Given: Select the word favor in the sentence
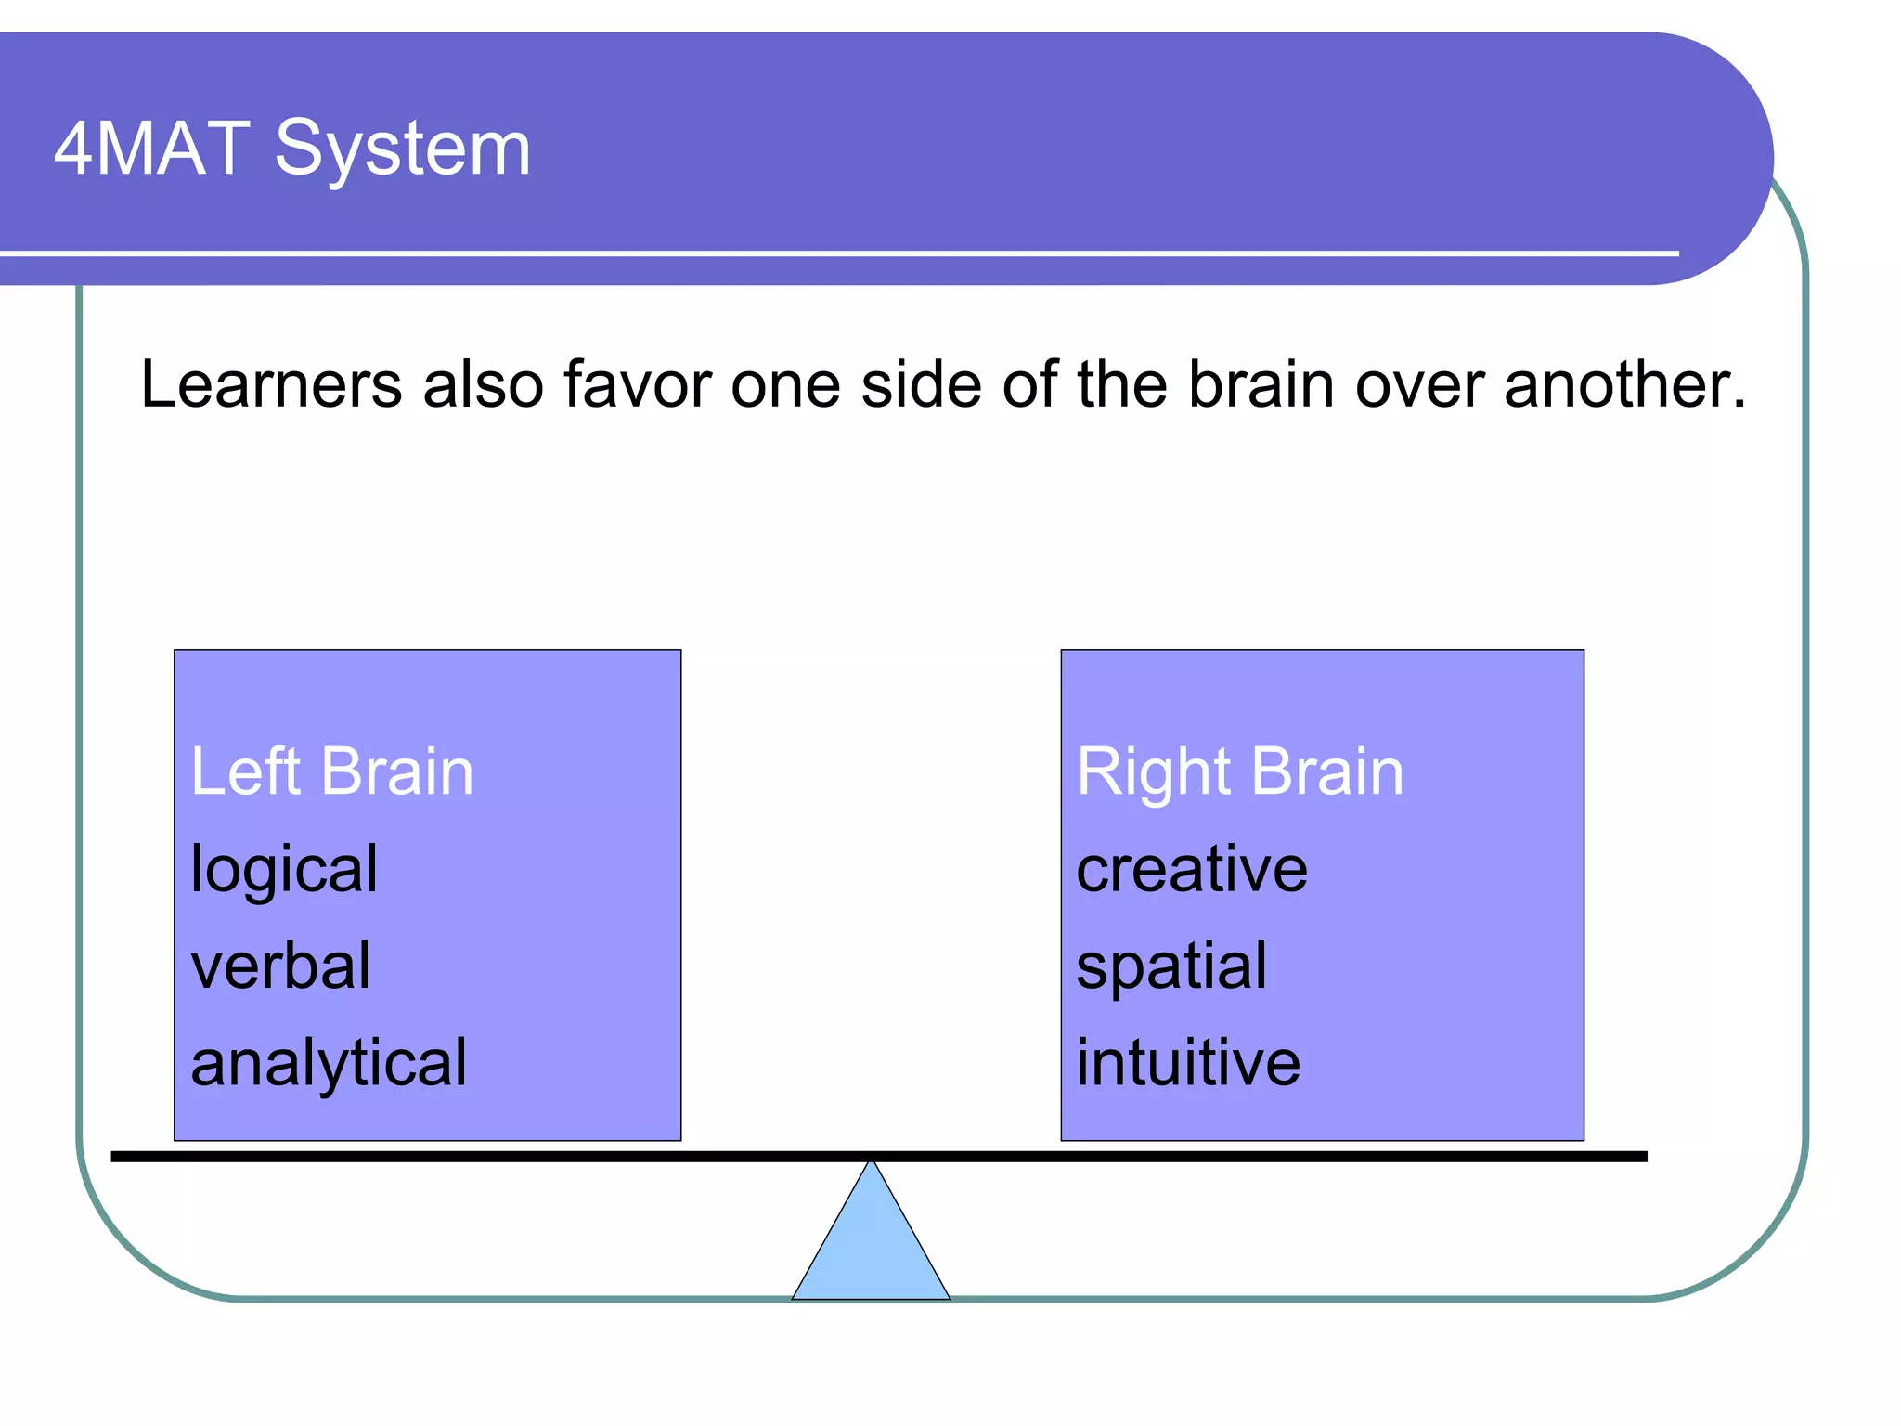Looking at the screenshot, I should [x=637, y=384].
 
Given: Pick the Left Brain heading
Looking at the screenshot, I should [x=332, y=771].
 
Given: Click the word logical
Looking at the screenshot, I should [x=284, y=870].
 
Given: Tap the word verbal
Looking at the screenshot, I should [x=280, y=966].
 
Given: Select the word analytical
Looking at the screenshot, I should [x=329, y=1064].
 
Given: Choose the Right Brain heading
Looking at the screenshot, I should [x=1239, y=771].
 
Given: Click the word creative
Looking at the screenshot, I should [x=1192, y=870].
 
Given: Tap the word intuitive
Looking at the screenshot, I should [x=1188, y=1063].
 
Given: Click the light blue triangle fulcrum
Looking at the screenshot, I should [x=871, y=1249].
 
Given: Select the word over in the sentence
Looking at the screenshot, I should [x=1420, y=384].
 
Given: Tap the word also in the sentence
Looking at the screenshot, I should [x=483, y=384].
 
